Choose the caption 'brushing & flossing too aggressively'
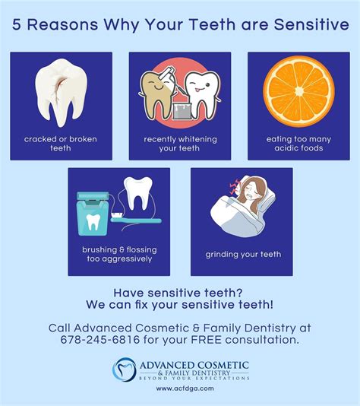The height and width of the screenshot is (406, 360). point(117,254)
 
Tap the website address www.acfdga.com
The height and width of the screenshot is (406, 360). point(179,389)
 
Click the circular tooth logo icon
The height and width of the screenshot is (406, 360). point(124,370)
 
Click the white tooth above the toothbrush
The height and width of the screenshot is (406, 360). point(139,193)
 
